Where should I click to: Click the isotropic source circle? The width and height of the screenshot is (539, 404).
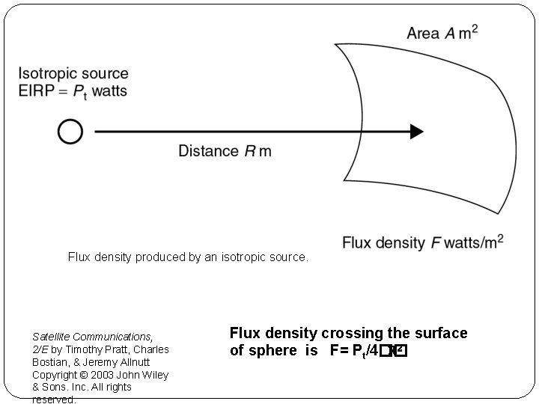[70, 132]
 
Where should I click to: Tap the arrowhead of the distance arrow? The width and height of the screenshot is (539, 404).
[415, 132]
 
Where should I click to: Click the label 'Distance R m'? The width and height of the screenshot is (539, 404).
[225, 151]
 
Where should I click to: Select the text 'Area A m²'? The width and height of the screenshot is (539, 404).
[442, 33]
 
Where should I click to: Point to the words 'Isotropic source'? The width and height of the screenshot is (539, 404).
[73, 74]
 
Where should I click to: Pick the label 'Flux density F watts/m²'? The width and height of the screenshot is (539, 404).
[422, 242]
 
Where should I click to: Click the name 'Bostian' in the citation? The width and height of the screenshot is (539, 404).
[50, 362]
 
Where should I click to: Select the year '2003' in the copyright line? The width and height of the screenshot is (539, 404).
[103, 375]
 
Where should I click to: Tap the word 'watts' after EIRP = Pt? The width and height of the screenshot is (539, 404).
[109, 91]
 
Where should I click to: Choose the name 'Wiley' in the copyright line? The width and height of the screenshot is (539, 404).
[154, 375]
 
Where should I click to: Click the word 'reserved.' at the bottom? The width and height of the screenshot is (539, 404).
[54, 400]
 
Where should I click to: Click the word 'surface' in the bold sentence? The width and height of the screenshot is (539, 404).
[441, 333]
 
